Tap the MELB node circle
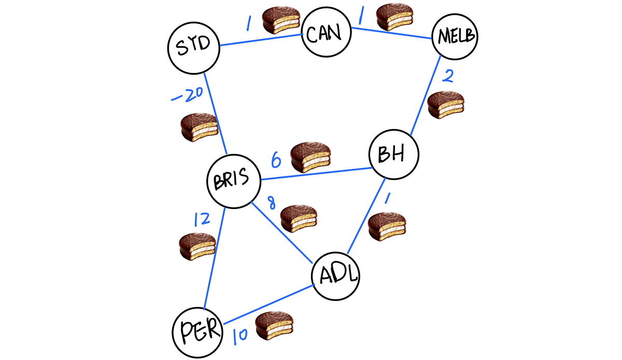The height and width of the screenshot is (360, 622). click(x=456, y=36)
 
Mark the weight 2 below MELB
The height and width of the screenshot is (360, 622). click(x=449, y=76)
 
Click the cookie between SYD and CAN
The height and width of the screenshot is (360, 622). click(x=280, y=21)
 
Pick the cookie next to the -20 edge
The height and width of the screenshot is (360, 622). click(x=199, y=128)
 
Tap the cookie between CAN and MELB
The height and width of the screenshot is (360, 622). click(x=394, y=18)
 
